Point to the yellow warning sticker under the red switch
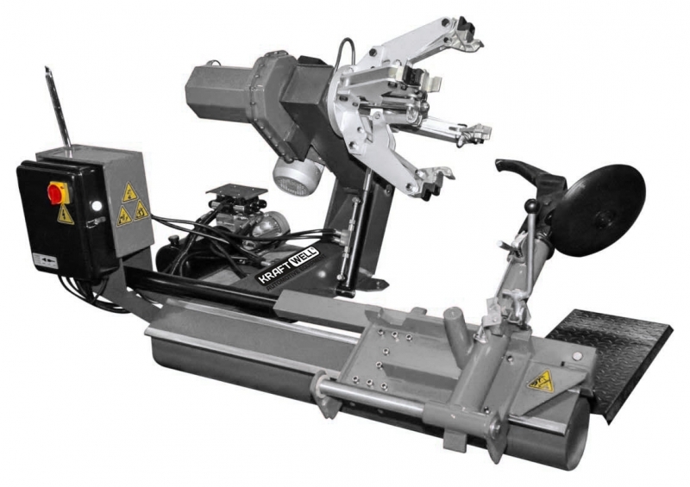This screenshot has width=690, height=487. (66, 215)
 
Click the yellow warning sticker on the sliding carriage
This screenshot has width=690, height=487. (542, 380)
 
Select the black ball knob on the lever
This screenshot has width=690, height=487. (532, 205)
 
